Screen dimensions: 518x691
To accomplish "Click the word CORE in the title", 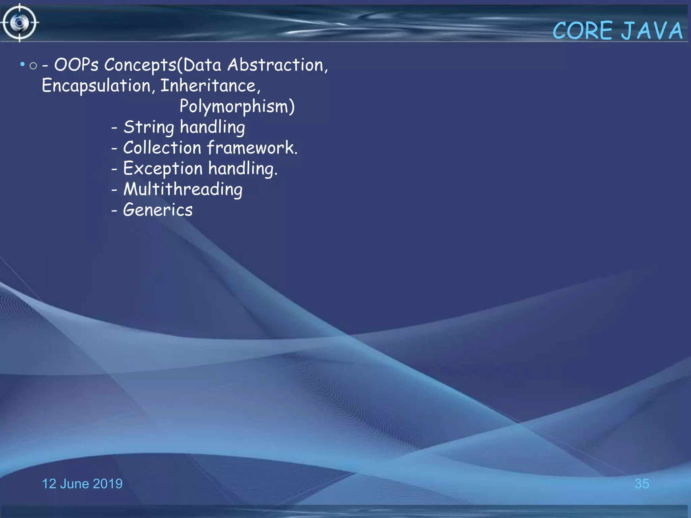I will [x=583, y=31].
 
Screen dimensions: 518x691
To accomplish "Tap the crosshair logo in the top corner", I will [x=20, y=23].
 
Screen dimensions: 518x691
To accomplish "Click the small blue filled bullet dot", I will [x=22, y=64].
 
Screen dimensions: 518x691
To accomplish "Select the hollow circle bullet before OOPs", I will [x=33, y=65].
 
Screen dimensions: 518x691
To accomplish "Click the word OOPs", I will [x=76, y=65].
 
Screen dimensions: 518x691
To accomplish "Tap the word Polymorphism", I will [x=236, y=107].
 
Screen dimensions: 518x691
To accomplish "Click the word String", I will [x=149, y=127].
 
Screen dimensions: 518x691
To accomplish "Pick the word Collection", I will [x=162, y=148].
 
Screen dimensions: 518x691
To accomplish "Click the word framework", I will [x=252, y=148].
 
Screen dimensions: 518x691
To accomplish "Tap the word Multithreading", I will [x=183, y=189].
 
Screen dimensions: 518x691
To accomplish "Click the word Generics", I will [x=158, y=210].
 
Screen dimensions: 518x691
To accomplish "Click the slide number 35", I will [x=642, y=484].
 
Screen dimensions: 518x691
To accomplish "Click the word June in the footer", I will [x=74, y=484].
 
